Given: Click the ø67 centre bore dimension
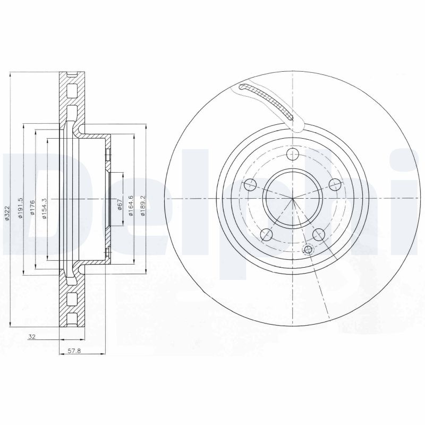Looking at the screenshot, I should (x=120, y=206).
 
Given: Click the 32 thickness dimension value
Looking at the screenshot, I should (x=33, y=336).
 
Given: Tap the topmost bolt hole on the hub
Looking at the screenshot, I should (x=292, y=155).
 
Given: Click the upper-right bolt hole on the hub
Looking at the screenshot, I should (x=334, y=184).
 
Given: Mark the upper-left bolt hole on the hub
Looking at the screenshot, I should (x=249, y=185).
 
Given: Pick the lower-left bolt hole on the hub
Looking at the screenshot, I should (x=267, y=234).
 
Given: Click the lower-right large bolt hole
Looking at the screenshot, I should (x=319, y=234).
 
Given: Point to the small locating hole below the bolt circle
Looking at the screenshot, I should (x=308, y=250).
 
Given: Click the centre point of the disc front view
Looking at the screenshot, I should (x=292, y=199).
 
